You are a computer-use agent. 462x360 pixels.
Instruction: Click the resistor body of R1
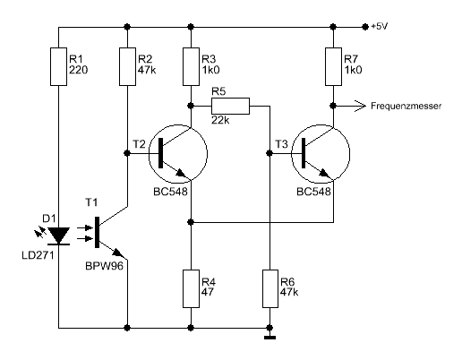tap(58, 66)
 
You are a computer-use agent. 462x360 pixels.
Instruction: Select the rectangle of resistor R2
tap(127, 66)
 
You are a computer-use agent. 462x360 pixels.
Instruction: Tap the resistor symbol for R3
tap(191, 66)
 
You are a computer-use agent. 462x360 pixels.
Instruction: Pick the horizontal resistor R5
tap(230, 106)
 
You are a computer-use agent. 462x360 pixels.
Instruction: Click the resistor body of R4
tap(191, 288)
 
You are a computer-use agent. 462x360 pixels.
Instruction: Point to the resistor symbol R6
tap(270, 288)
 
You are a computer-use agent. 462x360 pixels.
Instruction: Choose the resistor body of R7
tap(333, 66)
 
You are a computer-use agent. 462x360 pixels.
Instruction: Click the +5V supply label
tap(379, 27)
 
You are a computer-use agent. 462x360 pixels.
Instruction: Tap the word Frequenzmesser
tap(406, 106)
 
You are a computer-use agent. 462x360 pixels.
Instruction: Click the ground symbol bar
tap(269, 338)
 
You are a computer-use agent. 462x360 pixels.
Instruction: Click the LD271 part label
tap(38, 255)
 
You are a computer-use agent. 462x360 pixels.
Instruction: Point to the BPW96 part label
tap(104, 266)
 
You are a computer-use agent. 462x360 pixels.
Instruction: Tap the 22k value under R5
tap(220, 120)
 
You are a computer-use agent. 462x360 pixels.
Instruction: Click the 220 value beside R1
tap(79, 70)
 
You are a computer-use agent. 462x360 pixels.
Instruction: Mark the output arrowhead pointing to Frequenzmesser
tap(360, 106)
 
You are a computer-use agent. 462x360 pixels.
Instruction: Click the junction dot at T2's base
tap(127, 153)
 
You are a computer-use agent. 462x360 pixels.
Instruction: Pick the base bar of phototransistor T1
tap(97, 232)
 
